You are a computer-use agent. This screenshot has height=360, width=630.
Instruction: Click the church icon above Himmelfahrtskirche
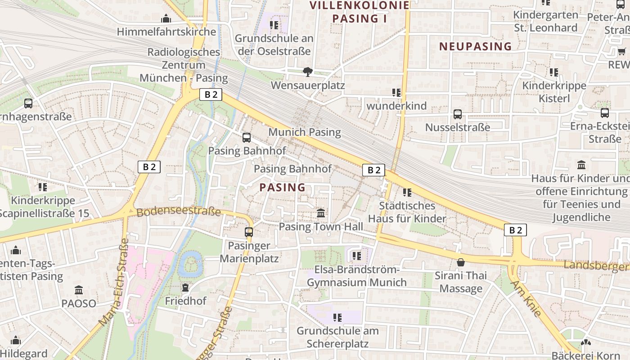[x=166, y=18]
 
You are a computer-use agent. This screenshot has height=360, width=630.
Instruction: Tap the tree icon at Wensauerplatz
[x=308, y=72]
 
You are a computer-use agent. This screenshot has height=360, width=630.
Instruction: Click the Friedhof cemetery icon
[x=185, y=287]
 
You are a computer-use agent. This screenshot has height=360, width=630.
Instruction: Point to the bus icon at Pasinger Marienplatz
[x=249, y=232]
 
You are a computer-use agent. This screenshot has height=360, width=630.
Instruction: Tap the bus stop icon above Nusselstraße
[x=458, y=114]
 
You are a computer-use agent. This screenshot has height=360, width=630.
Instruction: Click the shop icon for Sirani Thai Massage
[x=461, y=262]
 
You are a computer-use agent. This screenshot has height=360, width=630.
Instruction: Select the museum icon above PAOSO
[x=79, y=290]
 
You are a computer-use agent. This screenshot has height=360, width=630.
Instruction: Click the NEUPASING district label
[x=476, y=46]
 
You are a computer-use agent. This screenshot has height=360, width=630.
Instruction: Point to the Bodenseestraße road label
[x=179, y=211]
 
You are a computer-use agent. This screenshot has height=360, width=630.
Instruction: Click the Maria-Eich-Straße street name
[x=114, y=283]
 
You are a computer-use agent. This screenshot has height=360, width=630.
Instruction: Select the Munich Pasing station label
[x=305, y=132]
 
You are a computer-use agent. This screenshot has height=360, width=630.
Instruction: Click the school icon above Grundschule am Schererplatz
[x=337, y=318]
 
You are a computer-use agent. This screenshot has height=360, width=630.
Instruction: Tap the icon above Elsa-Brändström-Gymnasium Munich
[x=357, y=256]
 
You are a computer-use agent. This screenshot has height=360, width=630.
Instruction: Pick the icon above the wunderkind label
[x=396, y=93]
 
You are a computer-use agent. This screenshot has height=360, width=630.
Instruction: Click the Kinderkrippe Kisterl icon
[x=554, y=72]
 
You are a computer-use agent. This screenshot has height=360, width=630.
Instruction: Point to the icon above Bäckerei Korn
[x=585, y=343]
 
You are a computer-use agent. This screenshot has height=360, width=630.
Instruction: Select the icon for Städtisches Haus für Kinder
[x=407, y=193]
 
